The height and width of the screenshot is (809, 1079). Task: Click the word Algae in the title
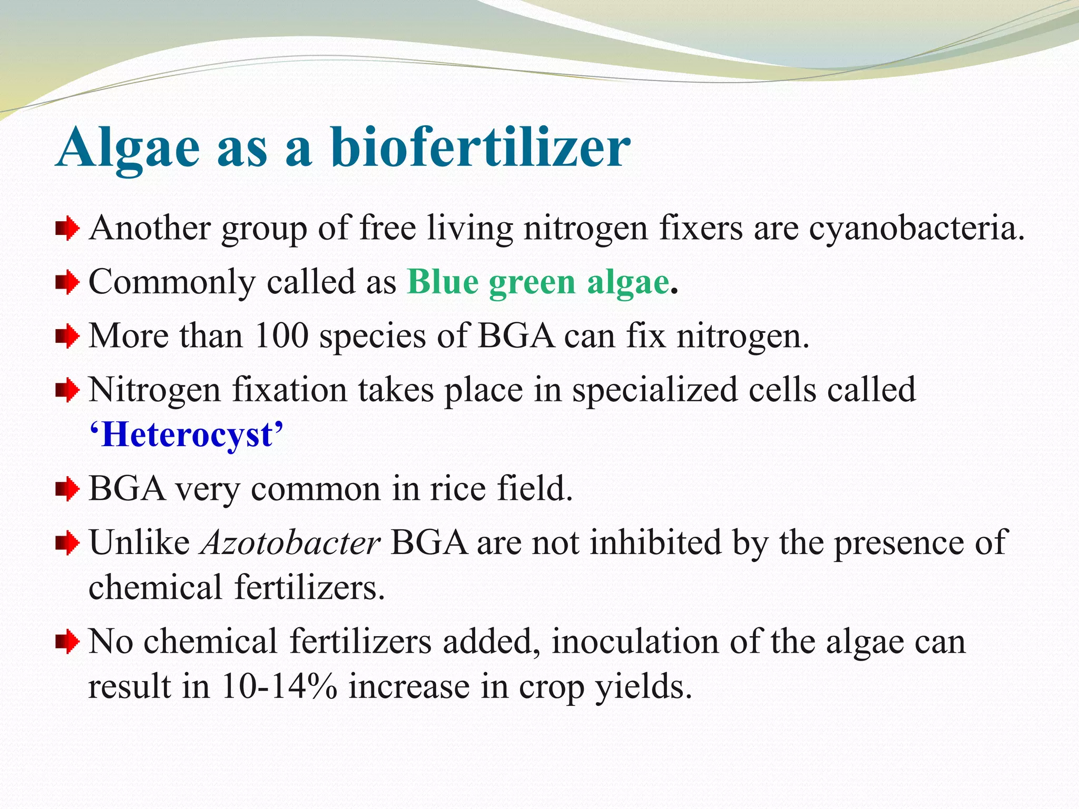pos(128,148)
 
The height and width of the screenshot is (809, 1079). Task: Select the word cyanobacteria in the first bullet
pos(916,230)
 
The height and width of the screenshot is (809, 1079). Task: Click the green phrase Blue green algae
pos(538,282)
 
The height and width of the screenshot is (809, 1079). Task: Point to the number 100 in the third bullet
pos(281,336)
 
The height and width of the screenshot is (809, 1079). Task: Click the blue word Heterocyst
pos(187,435)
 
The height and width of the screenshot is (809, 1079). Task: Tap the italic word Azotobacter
pos(290,542)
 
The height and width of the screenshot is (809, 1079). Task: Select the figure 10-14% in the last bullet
pos(279,687)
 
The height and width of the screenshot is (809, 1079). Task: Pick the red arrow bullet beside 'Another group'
pos(67,229)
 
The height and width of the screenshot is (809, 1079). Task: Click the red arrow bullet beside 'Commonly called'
pos(67,282)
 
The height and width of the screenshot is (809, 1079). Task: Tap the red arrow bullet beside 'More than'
pos(67,336)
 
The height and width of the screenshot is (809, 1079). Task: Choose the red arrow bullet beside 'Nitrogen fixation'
pos(67,390)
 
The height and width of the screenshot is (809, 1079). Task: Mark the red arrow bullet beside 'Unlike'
pos(67,542)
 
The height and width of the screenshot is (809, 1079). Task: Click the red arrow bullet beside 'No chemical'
pos(67,642)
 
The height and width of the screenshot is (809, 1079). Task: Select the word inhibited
pos(655,542)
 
